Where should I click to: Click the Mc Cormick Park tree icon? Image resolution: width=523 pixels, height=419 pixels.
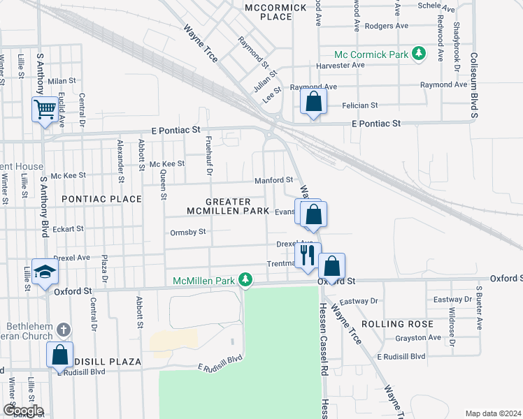click(x=419, y=53)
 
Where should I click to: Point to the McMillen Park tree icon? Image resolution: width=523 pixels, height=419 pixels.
click(x=245, y=280)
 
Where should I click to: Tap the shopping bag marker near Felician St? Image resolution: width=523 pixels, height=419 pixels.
click(x=314, y=102)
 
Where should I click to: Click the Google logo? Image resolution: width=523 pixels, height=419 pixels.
click(x=22, y=411)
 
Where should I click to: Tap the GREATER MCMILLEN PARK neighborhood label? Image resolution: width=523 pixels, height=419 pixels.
click(x=228, y=205)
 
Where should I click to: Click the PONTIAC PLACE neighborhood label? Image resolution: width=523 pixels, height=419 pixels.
click(x=101, y=199)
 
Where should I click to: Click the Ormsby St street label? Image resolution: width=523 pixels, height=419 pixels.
click(x=188, y=232)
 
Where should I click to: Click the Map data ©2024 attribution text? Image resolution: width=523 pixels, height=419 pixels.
click(x=494, y=413)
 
